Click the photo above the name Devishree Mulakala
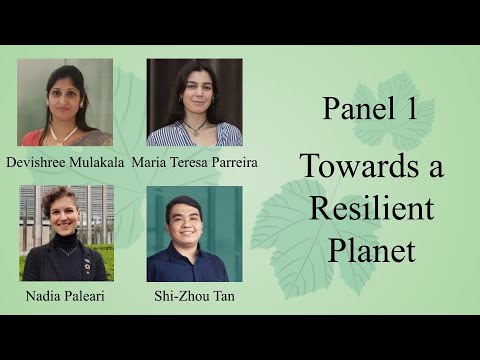pyautogui.click(x=65, y=102)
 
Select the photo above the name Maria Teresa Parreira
pyautogui.click(x=194, y=102)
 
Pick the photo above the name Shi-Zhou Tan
pyautogui.click(x=194, y=233)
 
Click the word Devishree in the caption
pyautogui.click(x=37, y=161)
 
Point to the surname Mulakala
pyautogui.click(x=99, y=161)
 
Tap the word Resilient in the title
pyautogui.click(x=371, y=208)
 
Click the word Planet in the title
pyautogui.click(x=371, y=249)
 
